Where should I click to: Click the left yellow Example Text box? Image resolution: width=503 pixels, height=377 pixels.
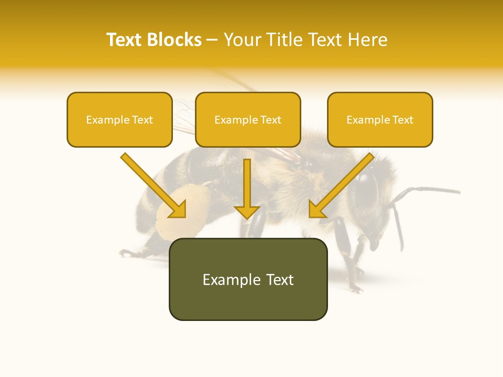coord(119,120)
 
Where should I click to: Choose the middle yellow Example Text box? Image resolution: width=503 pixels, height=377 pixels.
coord(248,120)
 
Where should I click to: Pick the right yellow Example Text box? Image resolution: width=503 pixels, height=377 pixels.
coord(380,120)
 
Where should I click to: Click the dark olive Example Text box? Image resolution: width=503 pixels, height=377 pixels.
coord(248,280)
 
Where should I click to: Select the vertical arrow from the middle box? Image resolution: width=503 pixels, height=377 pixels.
coord(247,188)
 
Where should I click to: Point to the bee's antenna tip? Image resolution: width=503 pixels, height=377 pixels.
coord(458,192)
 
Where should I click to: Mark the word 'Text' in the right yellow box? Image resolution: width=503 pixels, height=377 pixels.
coord(402,120)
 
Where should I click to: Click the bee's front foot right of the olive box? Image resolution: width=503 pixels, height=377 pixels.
coord(356,287)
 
